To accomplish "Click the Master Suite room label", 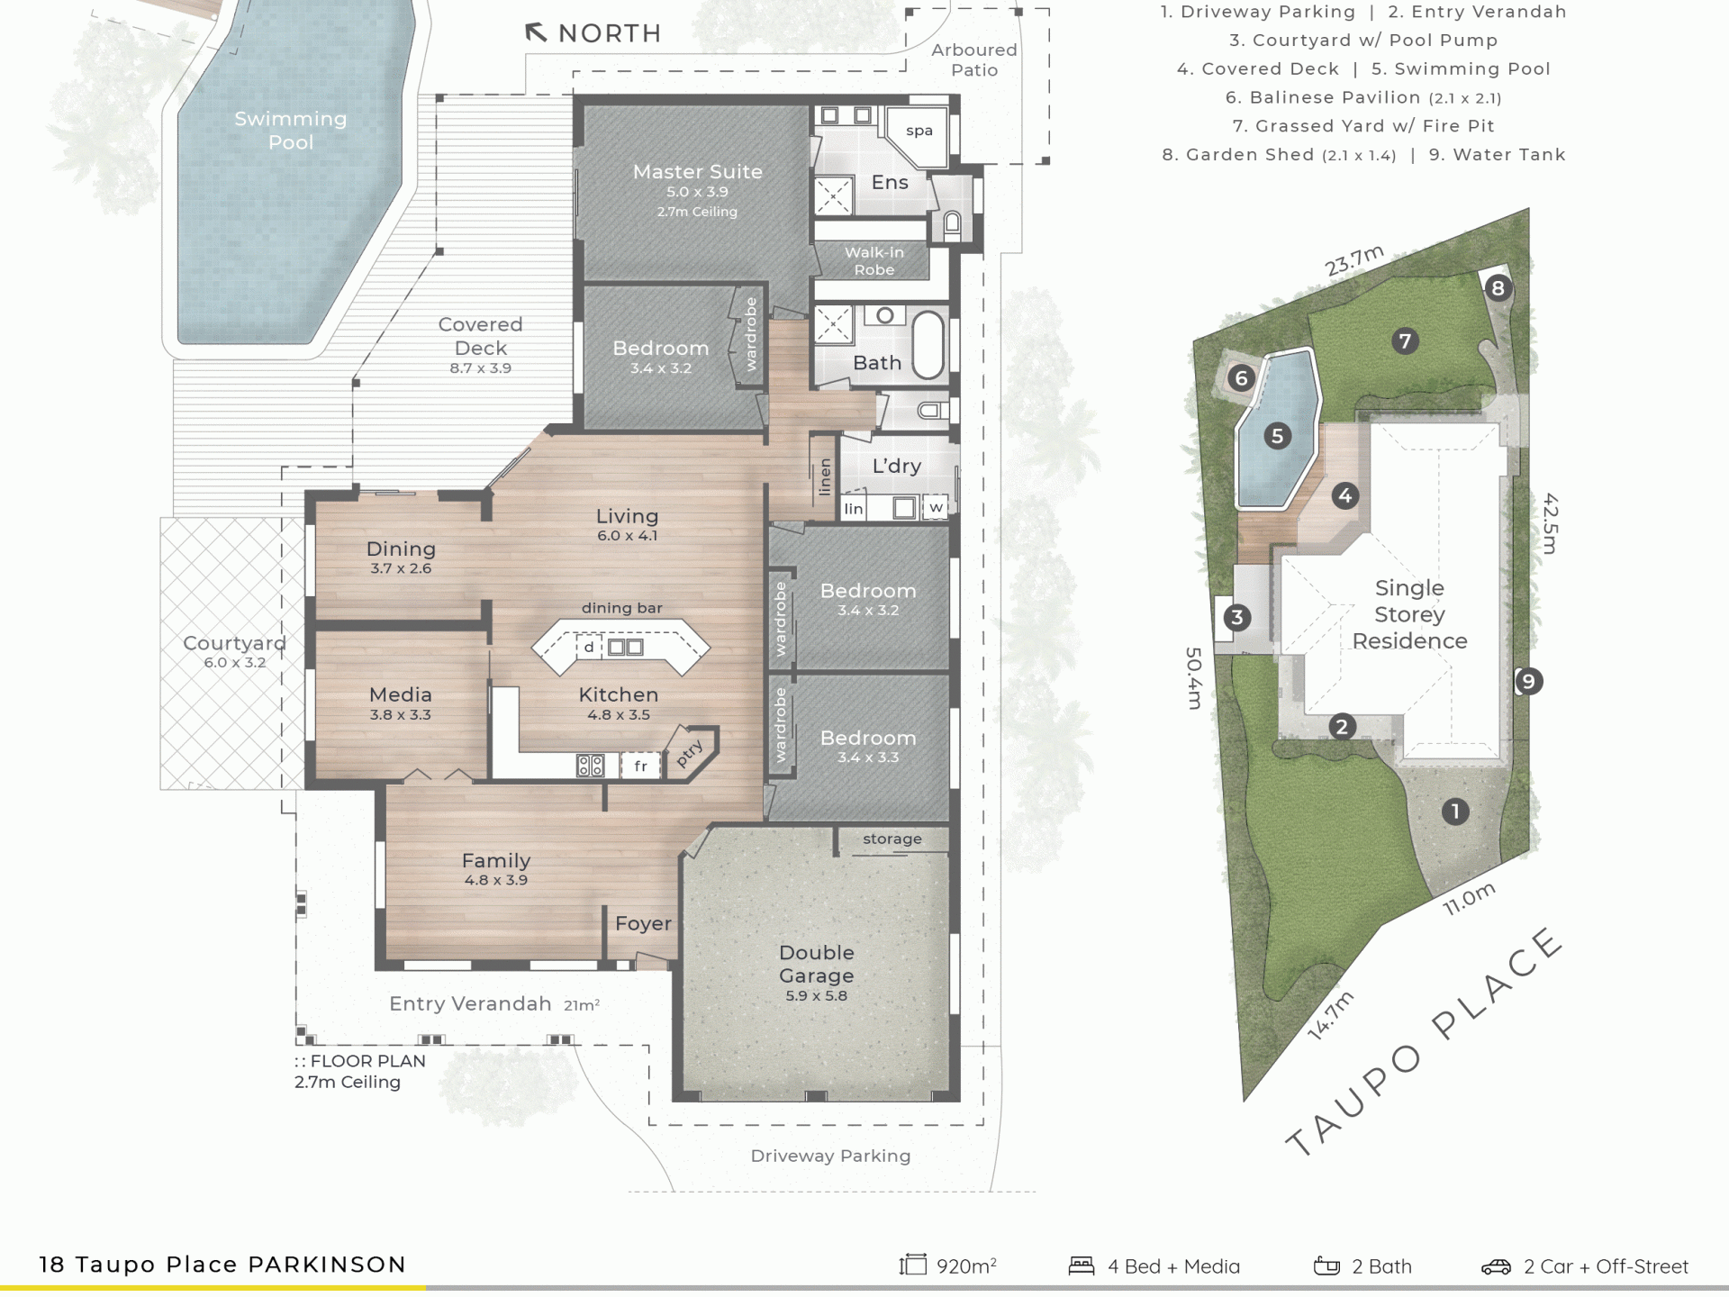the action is [697, 171].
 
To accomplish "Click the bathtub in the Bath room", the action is [928, 344].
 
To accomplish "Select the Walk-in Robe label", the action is [874, 261].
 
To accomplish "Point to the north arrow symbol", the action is [536, 33].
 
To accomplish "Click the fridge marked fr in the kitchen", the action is [640, 766].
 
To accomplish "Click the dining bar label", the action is [621, 608].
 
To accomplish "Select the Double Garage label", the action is [816, 964].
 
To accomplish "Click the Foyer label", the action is [643, 923].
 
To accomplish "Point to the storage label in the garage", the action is [892, 839].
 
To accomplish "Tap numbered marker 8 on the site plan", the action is [1498, 288].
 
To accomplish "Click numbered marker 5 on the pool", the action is [1277, 437].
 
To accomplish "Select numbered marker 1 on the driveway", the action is [1455, 812].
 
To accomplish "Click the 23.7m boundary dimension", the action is [1353, 260].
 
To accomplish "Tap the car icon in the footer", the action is [1497, 1267].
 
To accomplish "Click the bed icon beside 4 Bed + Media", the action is [1082, 1266].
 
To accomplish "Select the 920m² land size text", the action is [966, 1266].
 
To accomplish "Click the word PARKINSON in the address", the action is [327, 1265].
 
